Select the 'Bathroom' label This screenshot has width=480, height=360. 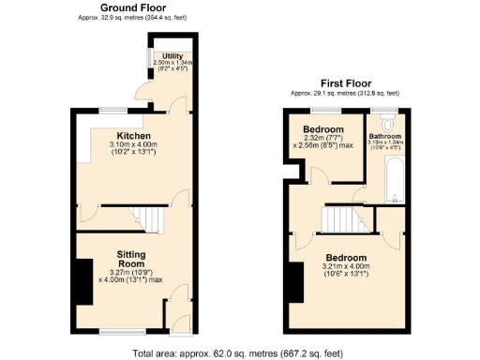[384, 135]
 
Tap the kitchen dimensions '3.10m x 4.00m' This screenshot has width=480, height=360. [133, 144]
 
